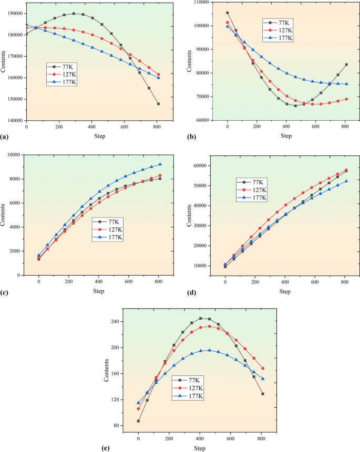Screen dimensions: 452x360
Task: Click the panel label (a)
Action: [x=5, y=136]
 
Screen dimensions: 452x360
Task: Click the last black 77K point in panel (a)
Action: [x=158, y=104]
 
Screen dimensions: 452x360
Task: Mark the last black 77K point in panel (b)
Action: [x=346, y=65]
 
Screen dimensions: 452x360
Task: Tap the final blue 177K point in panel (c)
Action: [x=160, y=164]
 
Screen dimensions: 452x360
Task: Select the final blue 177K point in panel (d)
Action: [x=346, y=182]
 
